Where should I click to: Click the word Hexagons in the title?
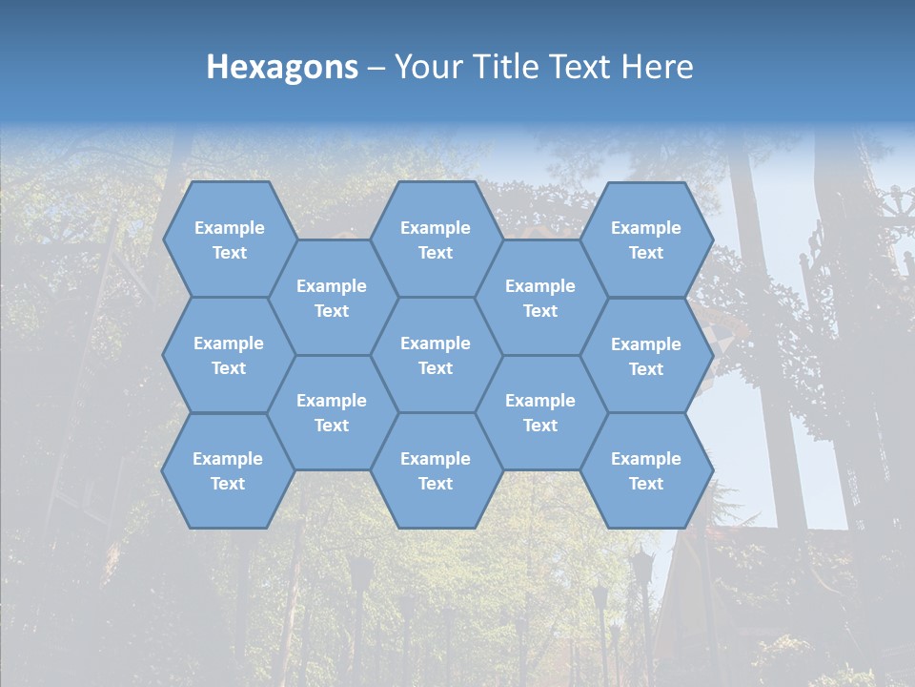point(282,67)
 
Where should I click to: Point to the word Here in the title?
point(658,67)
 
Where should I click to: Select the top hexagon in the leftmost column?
point(229,239)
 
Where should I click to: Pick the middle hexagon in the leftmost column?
point(229,355)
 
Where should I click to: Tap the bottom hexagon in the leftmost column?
point(228,470)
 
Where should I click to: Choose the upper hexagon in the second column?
point(332,298)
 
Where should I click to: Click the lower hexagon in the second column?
point(332,412)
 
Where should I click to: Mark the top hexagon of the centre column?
point(436,239)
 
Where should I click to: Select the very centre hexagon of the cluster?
point(436,355)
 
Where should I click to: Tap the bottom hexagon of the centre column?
point(436,470)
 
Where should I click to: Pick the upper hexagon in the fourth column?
point(540,298)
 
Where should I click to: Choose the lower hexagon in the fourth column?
point(540,412)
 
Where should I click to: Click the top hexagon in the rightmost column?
point(646,239)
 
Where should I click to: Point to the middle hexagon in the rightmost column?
point(646,356)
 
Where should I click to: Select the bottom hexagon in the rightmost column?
point(646,470)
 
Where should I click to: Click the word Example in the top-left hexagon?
point(229,228)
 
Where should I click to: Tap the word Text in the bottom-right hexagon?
point(646,484)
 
